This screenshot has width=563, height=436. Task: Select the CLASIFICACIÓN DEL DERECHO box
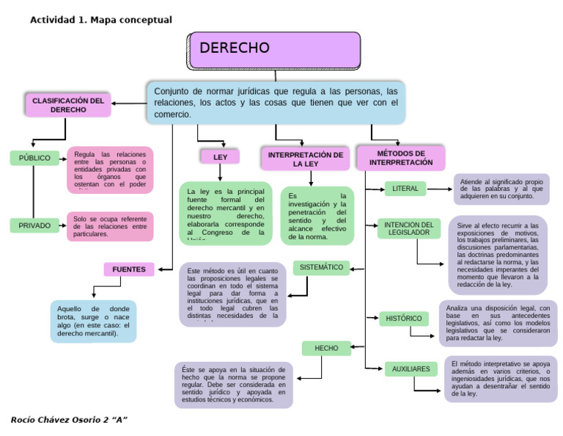[67, 105]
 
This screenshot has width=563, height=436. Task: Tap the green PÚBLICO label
[34, 158]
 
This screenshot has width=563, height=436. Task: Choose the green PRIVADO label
[34, 225]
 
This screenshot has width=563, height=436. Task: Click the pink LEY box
[220, 156]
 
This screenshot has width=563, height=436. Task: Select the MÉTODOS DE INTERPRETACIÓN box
[400, 157]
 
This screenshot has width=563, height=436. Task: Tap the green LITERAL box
[405, 189]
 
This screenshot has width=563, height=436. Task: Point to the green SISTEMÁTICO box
[322, 268]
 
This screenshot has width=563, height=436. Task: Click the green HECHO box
[326, 348]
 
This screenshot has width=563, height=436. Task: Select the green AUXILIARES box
[411, 368]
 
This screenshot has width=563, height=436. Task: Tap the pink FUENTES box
[128, 269]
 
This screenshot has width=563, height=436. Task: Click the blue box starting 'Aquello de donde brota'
[93, 321]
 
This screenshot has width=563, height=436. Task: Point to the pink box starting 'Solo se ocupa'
[110, 226]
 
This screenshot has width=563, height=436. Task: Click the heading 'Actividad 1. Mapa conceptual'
[100, 20]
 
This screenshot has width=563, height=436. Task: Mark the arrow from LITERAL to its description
[440, 189]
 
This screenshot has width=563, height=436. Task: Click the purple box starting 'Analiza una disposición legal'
[498, 324]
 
